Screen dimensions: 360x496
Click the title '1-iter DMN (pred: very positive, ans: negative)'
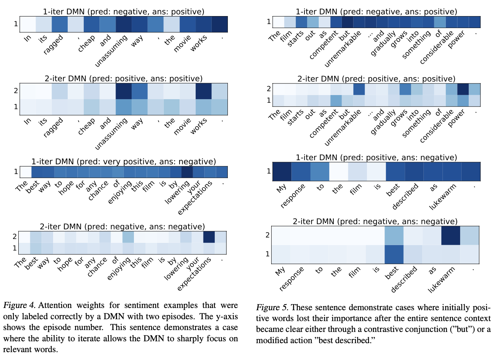(123, 161)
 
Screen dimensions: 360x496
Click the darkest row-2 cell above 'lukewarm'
(450, 235)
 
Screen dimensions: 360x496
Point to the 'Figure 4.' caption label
(19, 305)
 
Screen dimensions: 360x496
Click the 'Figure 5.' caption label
(272, 308)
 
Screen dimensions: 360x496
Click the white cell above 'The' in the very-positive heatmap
(25, 172)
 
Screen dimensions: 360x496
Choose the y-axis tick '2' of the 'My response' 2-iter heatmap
(267, 235)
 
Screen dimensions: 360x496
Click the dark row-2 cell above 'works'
(203, 91)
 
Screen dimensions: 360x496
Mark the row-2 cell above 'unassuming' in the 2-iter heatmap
(123, 91)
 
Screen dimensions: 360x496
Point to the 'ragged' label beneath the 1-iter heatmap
(53, 45)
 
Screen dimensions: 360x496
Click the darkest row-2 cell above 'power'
(463, 89)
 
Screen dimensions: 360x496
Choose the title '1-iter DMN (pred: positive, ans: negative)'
(376, 158)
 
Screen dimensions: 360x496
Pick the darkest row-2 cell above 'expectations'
(209, 237)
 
